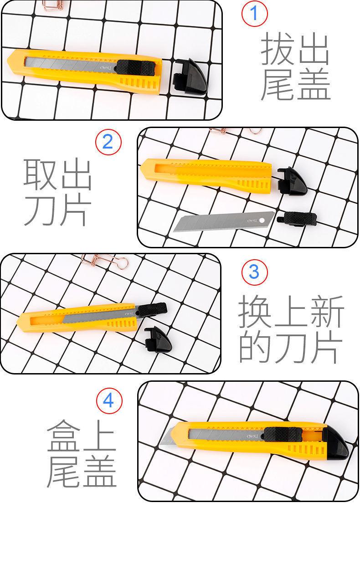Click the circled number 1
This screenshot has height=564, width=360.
(x=254, y=13)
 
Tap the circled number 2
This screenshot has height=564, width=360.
(x=108, y=142)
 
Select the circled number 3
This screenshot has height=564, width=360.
(x=254, y=272)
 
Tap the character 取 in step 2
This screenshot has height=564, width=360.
(x=40, y=174)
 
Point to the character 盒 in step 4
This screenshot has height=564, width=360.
(x=63, y=436)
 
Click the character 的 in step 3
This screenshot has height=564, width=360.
(x=255, y=347)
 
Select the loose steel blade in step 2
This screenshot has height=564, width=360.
(x=224, y=221)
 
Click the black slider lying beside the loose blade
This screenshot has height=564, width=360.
(x=297, y=218)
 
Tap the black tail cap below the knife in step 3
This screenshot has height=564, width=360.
(x=158, y=339)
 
